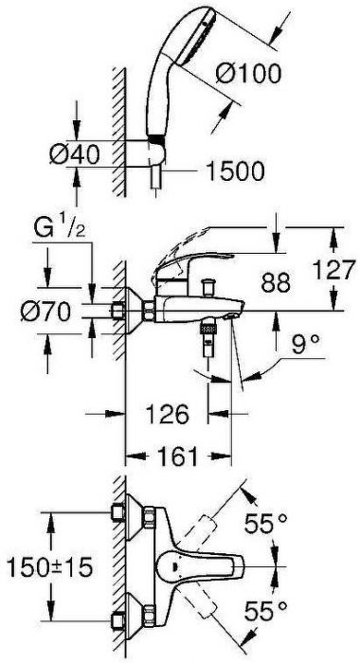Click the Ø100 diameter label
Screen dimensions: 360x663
click(248, 74)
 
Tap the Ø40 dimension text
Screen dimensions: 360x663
click(75, 153)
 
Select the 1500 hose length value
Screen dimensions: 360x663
click(235, 171)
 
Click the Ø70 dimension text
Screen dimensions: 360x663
click(45, 312)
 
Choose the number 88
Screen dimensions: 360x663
click(276, 282)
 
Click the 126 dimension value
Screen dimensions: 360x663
click(167, 414)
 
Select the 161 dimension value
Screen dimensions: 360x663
click(178, 457)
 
